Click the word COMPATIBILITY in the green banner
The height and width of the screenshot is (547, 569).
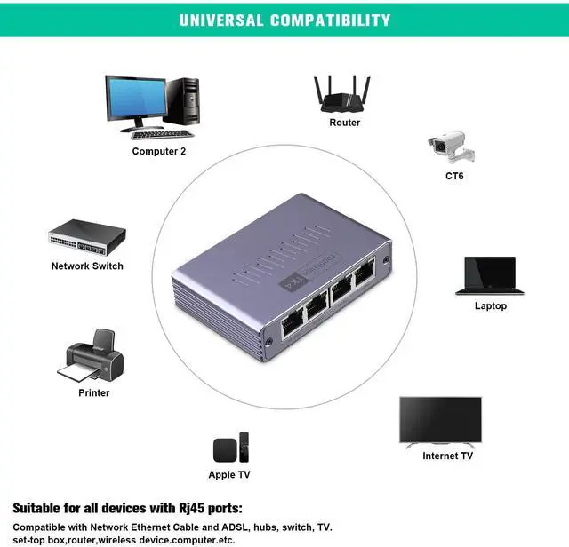tap(330, 20)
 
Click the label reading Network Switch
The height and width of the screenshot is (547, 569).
tap(87, 266)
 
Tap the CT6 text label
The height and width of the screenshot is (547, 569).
tap(454, 176)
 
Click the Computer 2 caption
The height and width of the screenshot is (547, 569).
tap(159, 152)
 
